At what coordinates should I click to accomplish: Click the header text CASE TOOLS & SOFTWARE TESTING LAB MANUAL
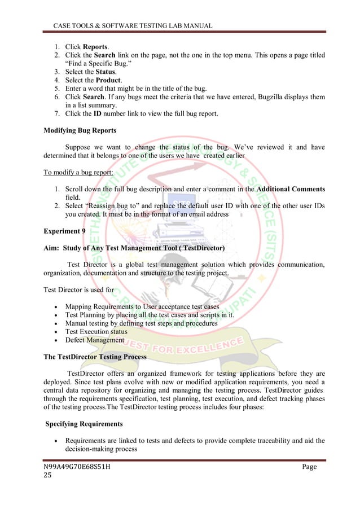click(133, 26)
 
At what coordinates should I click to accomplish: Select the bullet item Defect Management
click(95, 340)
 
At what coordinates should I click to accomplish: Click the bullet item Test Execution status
click(96, 332)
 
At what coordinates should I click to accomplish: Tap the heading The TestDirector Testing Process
click(95, 357)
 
